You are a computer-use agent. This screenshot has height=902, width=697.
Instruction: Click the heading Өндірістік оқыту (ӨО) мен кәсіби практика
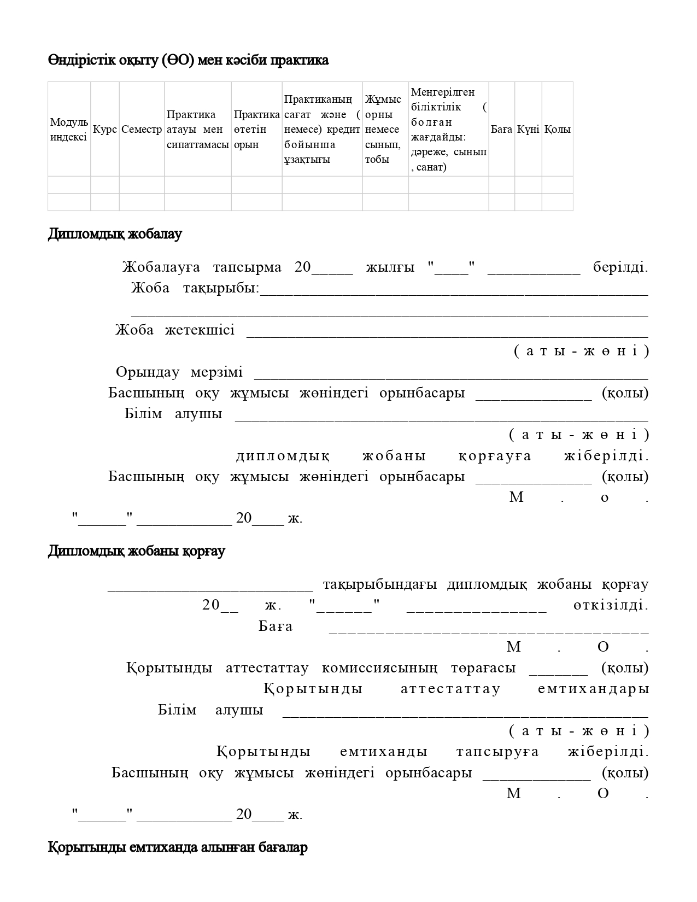click(x=188, y=60)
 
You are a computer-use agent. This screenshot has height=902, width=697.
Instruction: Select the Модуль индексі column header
click(x=69, y=130)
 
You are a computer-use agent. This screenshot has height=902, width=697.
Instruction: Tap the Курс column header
click(x=105, y=130)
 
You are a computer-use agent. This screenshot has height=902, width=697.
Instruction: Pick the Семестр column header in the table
click(x=142, y=130)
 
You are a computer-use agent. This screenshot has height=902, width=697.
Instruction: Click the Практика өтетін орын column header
click(x=256, y=130)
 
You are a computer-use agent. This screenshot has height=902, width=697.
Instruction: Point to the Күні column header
click(x=528, y=130)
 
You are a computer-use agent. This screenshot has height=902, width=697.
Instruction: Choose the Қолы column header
click(x=557, y=130)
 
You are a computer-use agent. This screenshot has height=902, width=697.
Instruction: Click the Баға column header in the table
click(x=501, y=130)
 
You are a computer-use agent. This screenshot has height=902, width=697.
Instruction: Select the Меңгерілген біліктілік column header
click(x=448, y=130)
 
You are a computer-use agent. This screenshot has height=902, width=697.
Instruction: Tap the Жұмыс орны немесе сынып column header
click(x=385, y=130)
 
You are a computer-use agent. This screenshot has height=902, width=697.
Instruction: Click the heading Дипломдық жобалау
click(x=115, y=234)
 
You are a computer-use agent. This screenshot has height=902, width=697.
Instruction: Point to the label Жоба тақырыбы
click(x=195, y=288)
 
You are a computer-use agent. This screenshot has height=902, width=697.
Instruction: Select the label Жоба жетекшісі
click(x=175, y=330)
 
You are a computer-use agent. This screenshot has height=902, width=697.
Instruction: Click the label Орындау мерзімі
click(x=179, y=372)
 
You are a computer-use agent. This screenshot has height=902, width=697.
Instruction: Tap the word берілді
click(x=620, y=267)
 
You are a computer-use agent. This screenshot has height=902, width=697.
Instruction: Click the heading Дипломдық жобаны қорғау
click(x=136, y=551)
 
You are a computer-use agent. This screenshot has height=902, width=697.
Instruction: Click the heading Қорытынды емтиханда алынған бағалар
click(x=178, y=848)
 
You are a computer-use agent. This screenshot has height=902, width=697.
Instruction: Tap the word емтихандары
click(x=593, y=689)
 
